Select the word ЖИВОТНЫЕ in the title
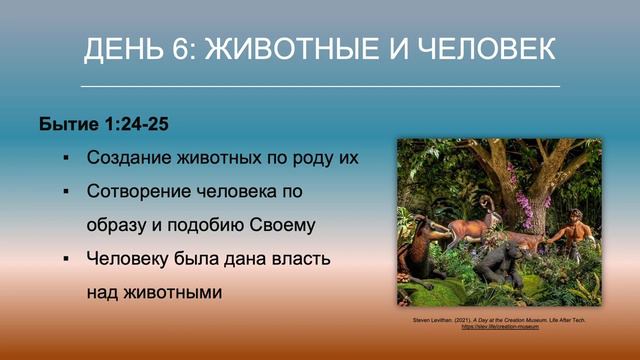[x=296, y=49]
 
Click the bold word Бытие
[x=67, y=125]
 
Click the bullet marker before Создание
[x=65, y=158]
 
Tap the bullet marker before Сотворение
[x=65, y=190]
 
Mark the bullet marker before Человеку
[x=65, y=259]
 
